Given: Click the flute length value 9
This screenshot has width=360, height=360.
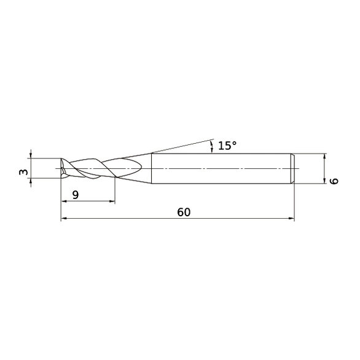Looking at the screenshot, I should [x=76, y=195].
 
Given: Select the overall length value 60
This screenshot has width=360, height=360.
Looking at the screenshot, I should [x=184, y=212].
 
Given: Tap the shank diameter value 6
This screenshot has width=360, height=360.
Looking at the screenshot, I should [x=334, y=181].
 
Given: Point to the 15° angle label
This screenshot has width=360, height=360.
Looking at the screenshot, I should [x=227, y=146].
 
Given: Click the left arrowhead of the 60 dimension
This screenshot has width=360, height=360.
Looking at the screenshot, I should [x=64, y=219].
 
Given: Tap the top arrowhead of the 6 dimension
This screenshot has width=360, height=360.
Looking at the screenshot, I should [x=324, y=155].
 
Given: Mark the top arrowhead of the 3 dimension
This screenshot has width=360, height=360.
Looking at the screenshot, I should [x=31, y=155].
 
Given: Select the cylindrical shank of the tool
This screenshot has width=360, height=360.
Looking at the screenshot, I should [x=221, y=168].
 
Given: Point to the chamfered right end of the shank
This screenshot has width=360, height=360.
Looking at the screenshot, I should [x=292, y=168].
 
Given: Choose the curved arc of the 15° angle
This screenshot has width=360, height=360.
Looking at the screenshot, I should [x=213, y=146].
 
